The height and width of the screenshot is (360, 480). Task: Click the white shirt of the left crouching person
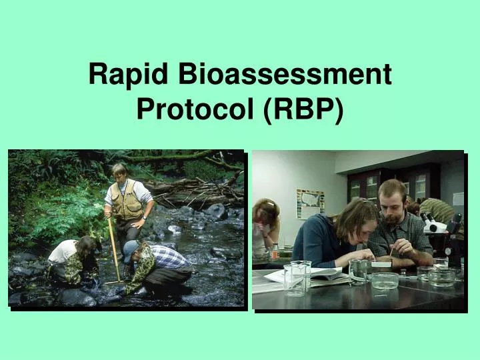(63, 251)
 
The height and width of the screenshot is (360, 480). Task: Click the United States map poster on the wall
(309, 203)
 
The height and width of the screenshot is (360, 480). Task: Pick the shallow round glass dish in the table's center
(385, 280)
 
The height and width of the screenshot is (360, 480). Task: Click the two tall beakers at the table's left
(297, 277)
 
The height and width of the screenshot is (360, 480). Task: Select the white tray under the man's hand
(382, 263)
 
